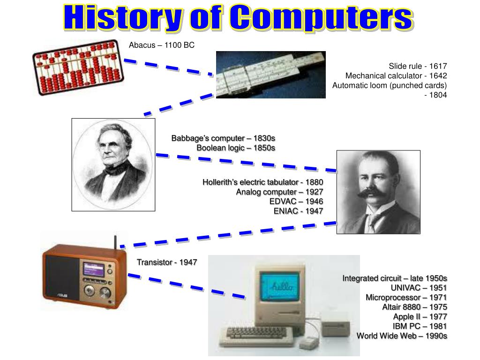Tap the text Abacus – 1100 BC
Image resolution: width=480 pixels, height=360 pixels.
(x=162, y=45)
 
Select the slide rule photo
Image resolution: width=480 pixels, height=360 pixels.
(x=270, y=75)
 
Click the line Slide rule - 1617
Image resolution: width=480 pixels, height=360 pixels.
(x=418, y=66)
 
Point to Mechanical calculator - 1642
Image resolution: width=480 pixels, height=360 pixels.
(x=396, y=76)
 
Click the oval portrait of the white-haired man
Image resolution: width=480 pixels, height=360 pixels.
(x=113, y=164)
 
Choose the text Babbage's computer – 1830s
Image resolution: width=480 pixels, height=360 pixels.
(x=223, y=138)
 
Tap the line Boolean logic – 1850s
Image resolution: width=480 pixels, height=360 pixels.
(x=236, y=148)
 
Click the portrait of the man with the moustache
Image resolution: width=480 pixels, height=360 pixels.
(x=378, y=192)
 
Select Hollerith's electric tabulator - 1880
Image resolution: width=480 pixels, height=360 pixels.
(x=262, y=182)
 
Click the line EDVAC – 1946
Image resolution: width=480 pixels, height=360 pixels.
(x=296, y=201)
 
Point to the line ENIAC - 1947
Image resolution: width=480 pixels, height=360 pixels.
(x=299, y=211)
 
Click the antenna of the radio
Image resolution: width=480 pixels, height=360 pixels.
(x=115, y=241)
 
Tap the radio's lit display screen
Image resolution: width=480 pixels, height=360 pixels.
(x=93, y=269)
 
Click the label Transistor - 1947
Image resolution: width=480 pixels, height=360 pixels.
(x=167, y=262)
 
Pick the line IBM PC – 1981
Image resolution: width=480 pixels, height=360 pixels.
(x=420, y=326)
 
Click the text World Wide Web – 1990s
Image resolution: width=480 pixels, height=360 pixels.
(x=402, y=336)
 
